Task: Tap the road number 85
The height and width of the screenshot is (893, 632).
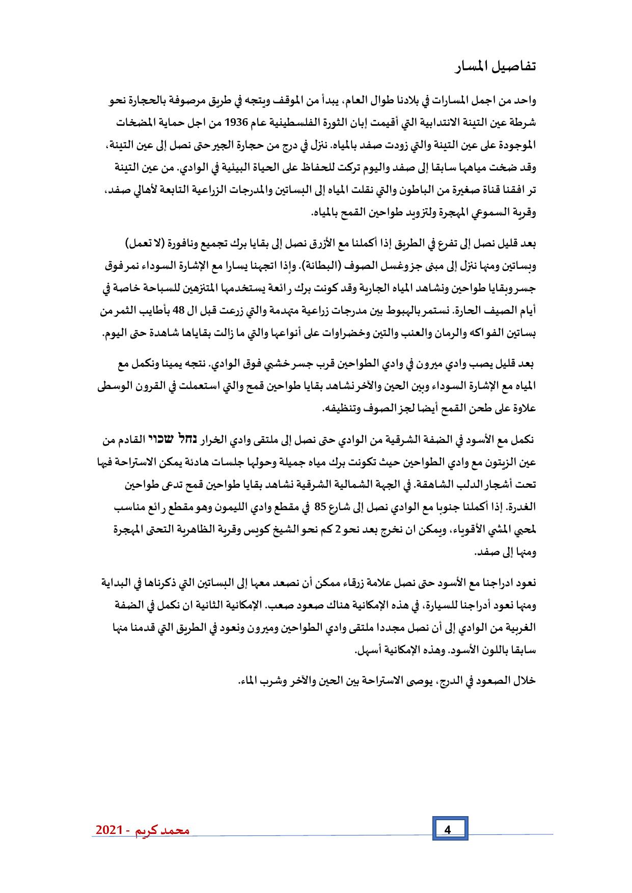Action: [320, 507]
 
